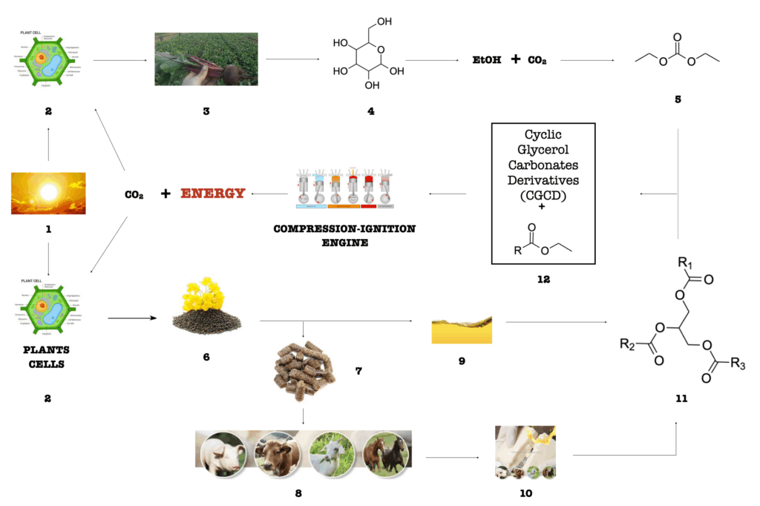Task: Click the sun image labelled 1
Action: pos(48,193)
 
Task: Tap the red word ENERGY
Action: pos(213,194)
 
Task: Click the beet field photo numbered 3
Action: pos(206,59)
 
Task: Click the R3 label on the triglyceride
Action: pos(737,363)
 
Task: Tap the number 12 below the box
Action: pos(543,280)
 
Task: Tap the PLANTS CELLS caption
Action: pos(47,355)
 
